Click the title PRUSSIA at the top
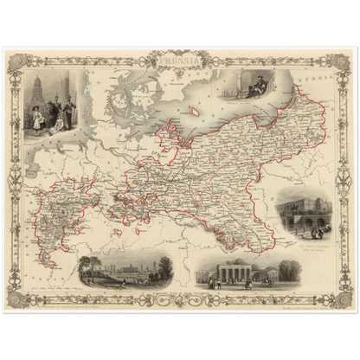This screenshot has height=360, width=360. [181, 61]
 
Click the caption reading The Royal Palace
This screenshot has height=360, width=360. [305, 241]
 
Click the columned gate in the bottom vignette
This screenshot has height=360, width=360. [231, 273]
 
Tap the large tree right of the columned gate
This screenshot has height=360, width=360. [286, 269]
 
